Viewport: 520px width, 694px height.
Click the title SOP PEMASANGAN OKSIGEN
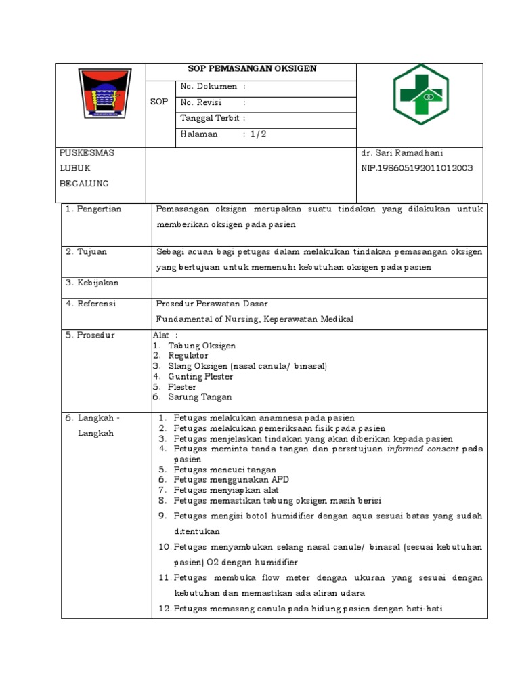click(x=252, y=69)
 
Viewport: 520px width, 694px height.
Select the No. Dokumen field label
click(x=209, y=87)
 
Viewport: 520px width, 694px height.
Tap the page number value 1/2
click(x=259, y=134)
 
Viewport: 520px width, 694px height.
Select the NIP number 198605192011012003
click(x=416, y=168)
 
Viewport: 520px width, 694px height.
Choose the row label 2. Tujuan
click(x=87, y=252)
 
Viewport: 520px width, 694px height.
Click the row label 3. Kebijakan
click(x=91, y=282)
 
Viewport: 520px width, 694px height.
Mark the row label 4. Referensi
click(x=91, y=304)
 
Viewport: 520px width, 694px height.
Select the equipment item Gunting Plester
click(x=200, y=376)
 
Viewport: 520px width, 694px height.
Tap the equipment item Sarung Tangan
click(x=200, y=397)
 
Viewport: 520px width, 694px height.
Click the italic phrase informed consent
click(x=422, y=449)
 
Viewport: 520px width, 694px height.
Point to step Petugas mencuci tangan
click(x=225, y=470)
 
